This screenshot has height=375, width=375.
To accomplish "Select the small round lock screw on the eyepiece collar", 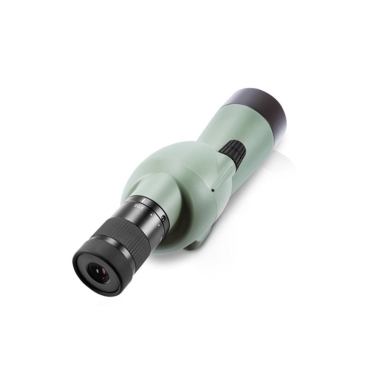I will [x=164, y=218].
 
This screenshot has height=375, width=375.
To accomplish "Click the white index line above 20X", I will [x=137, y=198].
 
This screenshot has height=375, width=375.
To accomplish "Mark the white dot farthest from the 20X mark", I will [x=159, y=226].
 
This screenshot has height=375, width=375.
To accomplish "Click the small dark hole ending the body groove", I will [x=212, y=190].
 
